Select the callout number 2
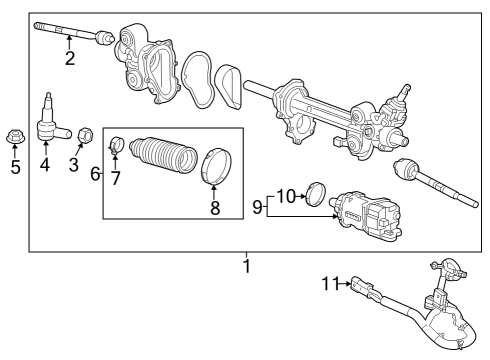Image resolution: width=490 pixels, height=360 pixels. click(x=69, y=59)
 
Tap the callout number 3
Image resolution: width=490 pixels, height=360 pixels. click(x=73, y=164)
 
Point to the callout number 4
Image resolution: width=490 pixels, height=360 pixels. click(x=45, y=165)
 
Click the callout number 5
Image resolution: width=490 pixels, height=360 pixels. click(x=15, y=167)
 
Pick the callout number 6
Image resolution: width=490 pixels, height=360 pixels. click(x=95, y=173)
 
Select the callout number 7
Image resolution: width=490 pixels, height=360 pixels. click(x=116, y=179)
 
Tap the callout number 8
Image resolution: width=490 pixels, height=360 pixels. click(x=213, y=210)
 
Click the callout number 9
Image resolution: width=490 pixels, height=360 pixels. click(x=256, y=207)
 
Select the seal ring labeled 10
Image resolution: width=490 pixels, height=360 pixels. click(x=319, y=193)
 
